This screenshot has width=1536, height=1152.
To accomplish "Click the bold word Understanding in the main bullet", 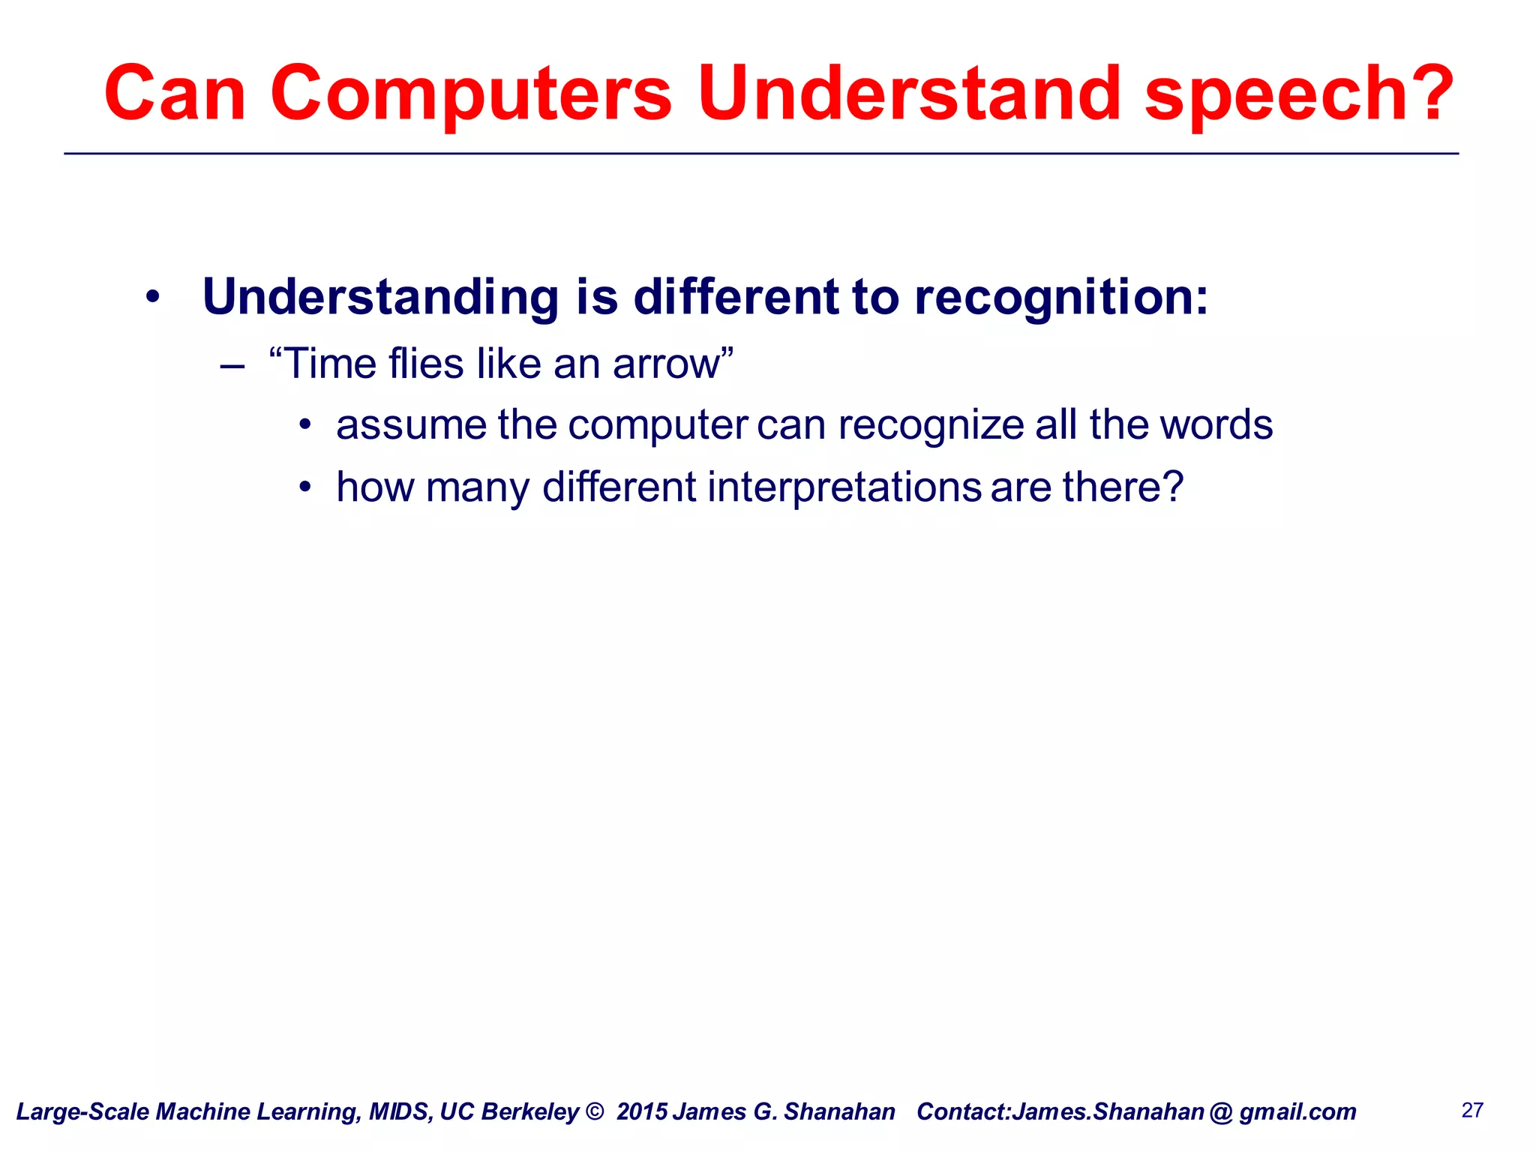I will (x=381, y=298).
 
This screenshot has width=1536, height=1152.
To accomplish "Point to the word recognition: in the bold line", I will (x=1061, y=298).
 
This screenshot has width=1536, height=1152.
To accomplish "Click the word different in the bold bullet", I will (x=736, y=296).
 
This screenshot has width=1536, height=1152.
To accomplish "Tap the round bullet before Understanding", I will (x=153, y=298).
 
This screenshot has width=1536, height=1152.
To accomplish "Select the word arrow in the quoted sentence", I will (x=666, y=364).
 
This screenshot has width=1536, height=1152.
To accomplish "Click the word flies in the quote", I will (x=426, y=364).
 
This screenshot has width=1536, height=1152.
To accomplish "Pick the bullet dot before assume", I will (x=304, y=425).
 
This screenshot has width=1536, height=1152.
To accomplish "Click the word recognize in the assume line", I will (x=930, y=425).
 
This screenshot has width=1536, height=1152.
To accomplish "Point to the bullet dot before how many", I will (x=304, y=487).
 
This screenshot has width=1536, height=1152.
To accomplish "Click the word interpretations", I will (x=844, y=487).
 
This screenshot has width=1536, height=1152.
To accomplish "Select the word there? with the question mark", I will (x=1122, y=487).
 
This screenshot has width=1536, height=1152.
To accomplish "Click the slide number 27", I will (x=1472, y=1110).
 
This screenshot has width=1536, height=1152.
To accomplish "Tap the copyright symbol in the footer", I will (x=594, y=1111).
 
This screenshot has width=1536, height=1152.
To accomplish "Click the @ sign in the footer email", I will (x=1221, y=1112).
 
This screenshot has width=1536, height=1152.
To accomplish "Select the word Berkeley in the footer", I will (x=530, y=1111).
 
